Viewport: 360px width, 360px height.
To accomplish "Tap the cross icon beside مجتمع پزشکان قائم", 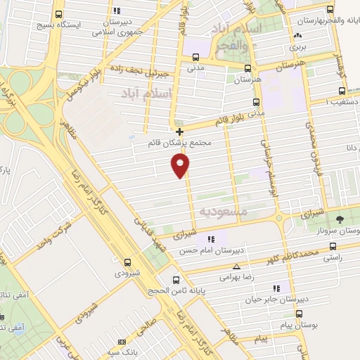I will (180, 131).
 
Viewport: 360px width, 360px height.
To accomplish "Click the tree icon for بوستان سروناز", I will (340, 219).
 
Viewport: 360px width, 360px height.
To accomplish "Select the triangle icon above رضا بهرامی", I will (236, 267).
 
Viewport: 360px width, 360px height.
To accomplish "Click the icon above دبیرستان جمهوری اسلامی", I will (116, 11).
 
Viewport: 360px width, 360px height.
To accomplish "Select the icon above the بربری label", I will (299, 36).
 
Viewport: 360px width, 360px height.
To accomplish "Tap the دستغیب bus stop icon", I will (342, 91).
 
